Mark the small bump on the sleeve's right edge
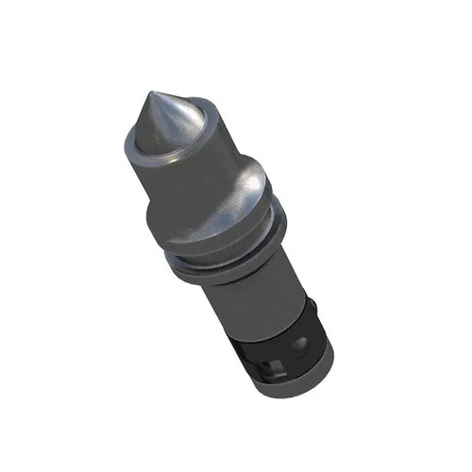(x=312, y=306)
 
